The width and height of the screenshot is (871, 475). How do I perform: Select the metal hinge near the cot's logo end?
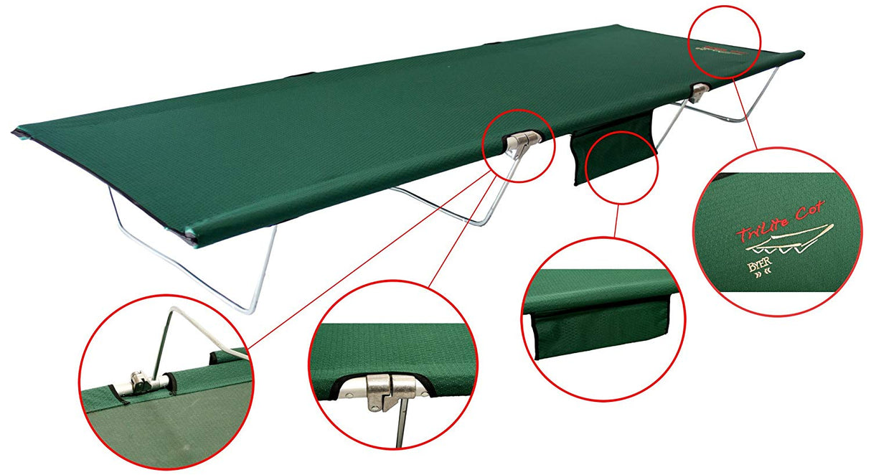(700, 90)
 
